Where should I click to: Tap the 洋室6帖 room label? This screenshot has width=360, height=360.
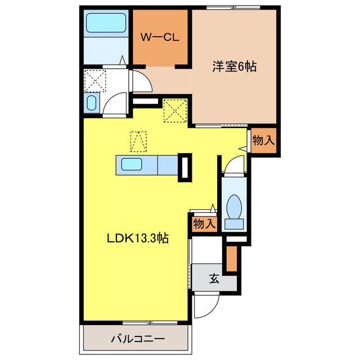click(x=234, y=67)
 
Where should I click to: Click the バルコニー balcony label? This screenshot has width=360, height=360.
click(x=137, y=339)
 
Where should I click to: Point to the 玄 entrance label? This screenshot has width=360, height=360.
click(x=214, y=278)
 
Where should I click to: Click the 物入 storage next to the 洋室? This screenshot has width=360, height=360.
click(x=263, y=141)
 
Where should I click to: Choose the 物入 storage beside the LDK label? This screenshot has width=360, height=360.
click(x=204, y=223)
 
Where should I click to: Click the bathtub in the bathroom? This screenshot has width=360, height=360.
click(x=107, y=24)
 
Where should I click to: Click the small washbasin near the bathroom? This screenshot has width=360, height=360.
click(x=92, y=103)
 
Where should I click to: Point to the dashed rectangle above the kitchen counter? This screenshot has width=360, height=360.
click(x=138, y=141)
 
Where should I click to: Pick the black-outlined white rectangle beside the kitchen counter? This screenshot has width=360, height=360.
click(x=184, y=167)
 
